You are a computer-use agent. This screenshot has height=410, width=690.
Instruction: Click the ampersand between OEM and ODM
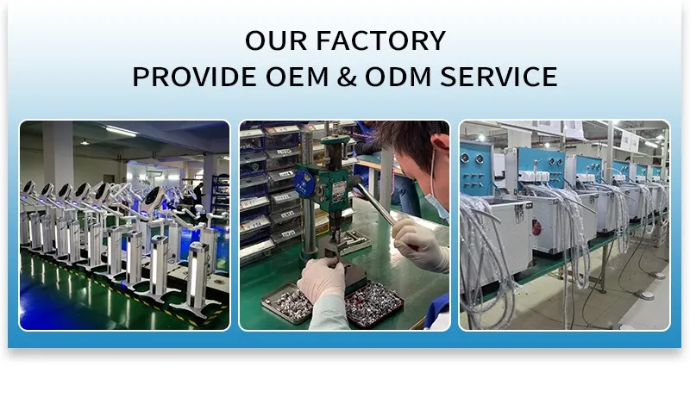point(348,77)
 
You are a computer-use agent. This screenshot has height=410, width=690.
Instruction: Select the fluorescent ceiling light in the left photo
point(121,131)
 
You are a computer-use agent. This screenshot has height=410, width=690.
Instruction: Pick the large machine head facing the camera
point(154,201)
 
